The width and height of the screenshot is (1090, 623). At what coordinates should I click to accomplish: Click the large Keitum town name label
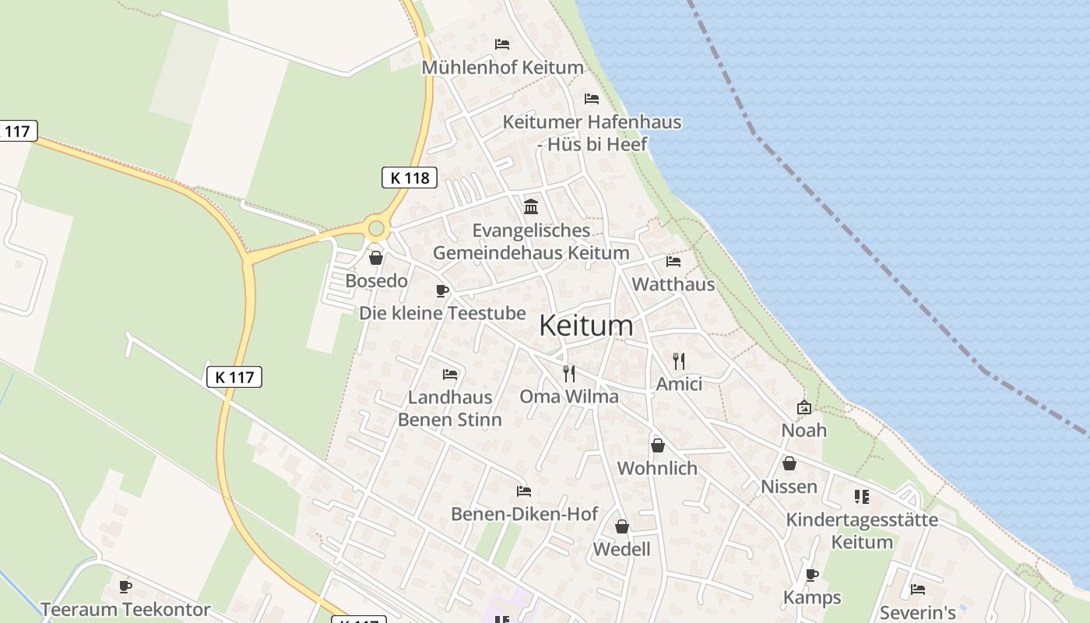(586, 326)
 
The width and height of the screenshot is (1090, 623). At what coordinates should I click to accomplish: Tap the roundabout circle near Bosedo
(377, 229)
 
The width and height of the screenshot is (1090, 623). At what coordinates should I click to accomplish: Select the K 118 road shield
(410, 178)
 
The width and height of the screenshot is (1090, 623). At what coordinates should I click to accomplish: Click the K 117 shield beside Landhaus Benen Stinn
(234, 377)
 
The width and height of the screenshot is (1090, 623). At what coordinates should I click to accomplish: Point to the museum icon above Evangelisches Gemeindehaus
(532, 206)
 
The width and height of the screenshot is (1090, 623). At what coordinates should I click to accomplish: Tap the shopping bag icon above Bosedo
(376, 258)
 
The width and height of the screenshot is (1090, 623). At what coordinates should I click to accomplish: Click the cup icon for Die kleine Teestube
(442, 291)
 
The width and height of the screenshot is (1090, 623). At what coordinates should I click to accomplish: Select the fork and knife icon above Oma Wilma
(569, 374)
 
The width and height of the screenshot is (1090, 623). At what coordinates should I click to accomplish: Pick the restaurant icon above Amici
(679, 361)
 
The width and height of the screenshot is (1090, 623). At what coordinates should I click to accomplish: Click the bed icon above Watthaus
(673, 262)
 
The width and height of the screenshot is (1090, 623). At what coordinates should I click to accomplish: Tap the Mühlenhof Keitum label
(502, 68)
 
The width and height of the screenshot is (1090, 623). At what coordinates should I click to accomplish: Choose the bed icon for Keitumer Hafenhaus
(592, 99)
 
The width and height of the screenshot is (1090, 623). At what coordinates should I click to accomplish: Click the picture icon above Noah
(804, 407)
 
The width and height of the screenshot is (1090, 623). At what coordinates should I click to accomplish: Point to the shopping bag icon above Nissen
(789, 464)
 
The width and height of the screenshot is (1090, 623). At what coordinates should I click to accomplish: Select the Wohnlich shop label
(657, 468)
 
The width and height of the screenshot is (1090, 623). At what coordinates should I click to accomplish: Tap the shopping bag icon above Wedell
(621, 527)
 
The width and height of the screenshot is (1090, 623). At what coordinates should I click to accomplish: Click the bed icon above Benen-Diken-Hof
(524, 491)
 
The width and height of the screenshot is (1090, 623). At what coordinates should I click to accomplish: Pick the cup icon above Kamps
(812, 575)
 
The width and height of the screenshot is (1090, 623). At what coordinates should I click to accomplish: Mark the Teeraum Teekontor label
(125, 609)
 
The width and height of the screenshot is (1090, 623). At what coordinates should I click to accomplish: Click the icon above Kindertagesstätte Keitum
(861, 496)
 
